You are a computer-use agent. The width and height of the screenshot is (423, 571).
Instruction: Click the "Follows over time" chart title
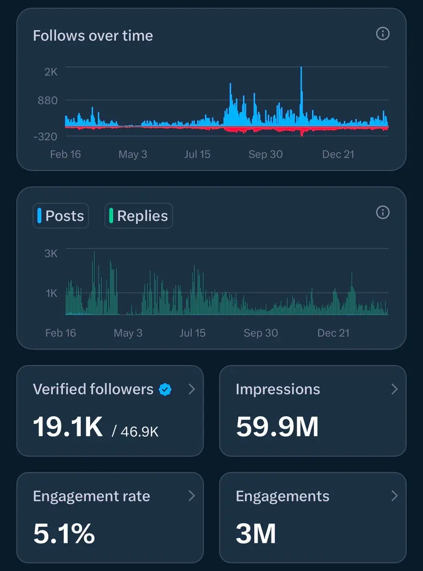(93, 36)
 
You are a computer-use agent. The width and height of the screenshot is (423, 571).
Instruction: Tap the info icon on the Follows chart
(383, 34)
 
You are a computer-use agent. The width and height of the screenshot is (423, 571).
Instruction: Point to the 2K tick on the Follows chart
(51, 72)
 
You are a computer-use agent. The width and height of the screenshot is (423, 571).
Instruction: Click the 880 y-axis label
(48, 100)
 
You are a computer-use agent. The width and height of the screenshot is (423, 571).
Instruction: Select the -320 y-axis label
(45, 137)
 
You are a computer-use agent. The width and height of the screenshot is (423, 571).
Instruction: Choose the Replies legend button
(138, 216)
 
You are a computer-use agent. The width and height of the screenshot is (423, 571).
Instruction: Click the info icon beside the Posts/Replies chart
(383, 212)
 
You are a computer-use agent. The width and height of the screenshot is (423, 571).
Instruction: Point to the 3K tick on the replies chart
(51, 253)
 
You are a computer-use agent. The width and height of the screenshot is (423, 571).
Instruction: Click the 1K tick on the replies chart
(51, 293)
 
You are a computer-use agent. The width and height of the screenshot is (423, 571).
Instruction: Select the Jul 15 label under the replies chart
(192, 333)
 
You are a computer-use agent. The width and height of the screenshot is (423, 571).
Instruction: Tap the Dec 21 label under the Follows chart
(338, 154)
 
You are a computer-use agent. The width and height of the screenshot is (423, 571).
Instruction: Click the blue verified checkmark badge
(165, 390)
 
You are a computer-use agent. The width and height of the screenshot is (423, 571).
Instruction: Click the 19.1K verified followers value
(68, 426)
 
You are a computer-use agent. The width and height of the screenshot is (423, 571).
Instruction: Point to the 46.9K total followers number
(140, 432)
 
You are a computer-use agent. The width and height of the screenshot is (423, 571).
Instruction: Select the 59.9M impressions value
(277, 426)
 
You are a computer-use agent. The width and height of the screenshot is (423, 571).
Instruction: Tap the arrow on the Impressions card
(394, 389)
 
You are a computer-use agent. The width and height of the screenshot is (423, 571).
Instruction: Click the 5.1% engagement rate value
(64, 533)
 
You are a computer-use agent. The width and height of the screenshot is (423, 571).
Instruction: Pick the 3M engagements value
(256, 533)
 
